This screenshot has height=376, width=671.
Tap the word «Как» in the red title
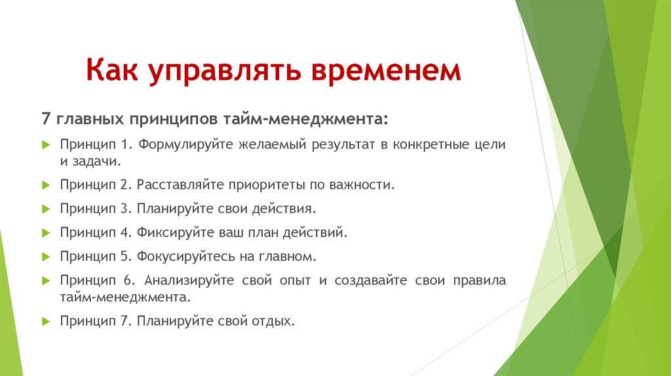111,69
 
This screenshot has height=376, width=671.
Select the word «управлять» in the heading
225,71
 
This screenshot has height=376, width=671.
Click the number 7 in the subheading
47,119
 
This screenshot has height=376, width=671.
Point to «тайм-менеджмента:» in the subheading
305,119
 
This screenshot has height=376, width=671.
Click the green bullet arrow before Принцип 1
47,145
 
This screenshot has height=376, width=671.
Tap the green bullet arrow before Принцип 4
47,233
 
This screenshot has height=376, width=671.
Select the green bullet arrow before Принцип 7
47,321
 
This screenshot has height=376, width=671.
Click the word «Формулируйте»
185,145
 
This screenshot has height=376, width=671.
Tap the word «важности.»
362,185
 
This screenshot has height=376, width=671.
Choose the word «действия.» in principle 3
284,209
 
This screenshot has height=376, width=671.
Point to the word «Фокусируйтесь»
186,256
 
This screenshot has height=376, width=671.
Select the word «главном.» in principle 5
287,257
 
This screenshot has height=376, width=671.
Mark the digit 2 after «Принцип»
124,185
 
